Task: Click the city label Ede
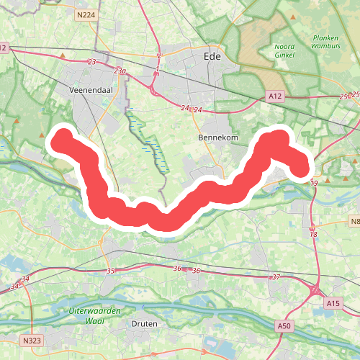pyautogui.click(x=212, y=55)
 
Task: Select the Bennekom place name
pyautogui.click(x=212, y=137)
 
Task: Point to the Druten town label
pyautogui.click(x=144, y=324)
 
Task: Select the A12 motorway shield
pyautogui.click(x=274, y=96)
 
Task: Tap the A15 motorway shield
pyautogui.click(x=332, y=304)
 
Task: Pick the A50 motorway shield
pyautogui.click(x=285, y=327)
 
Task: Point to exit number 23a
pyautogui.click(x=120, y=71)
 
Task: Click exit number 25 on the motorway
pyautogui.click(x=343, y=96)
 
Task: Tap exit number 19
pyautogui.click(x=314, y=184)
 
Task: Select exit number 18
pyautogui.click(x=313, y=234)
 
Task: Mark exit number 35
pyautogui.click(x=110, y=271)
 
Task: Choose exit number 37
pyautogui.click(x=275, y=276)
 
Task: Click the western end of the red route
pyautogui.click(x=60, y=138)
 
